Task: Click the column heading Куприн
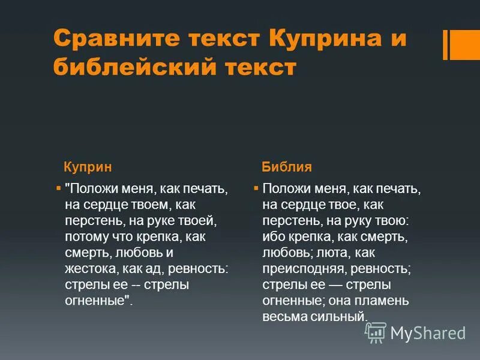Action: coord(88,167)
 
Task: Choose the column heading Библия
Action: coord(287,167)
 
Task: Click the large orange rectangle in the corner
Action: coord(464,45)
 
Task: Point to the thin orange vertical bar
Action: coord(445,45)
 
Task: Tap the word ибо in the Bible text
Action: coord(272,236)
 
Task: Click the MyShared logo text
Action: coord(428,332)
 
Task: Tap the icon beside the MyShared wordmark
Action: coord(376,332)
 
